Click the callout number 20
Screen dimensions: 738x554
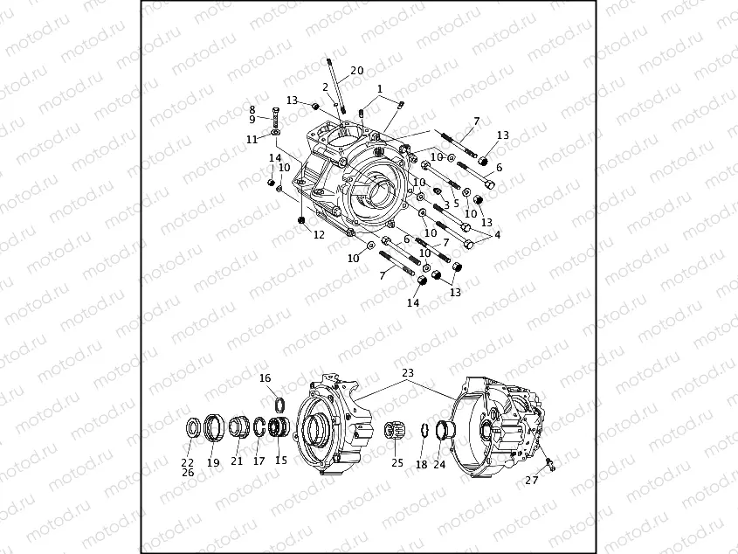click(357, 70)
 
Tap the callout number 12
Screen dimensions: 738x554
click(319, 234)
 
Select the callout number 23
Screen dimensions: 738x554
click(408, 372)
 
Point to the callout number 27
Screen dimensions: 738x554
click(531, 480)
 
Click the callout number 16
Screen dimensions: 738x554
click(265, 377)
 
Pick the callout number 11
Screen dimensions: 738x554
click(252, 140)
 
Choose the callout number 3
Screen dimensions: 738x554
click(446, 205)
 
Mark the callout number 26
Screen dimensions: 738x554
click(188, 473)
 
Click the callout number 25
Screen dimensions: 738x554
click(397, 463)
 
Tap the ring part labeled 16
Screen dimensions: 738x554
click(280, 405)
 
